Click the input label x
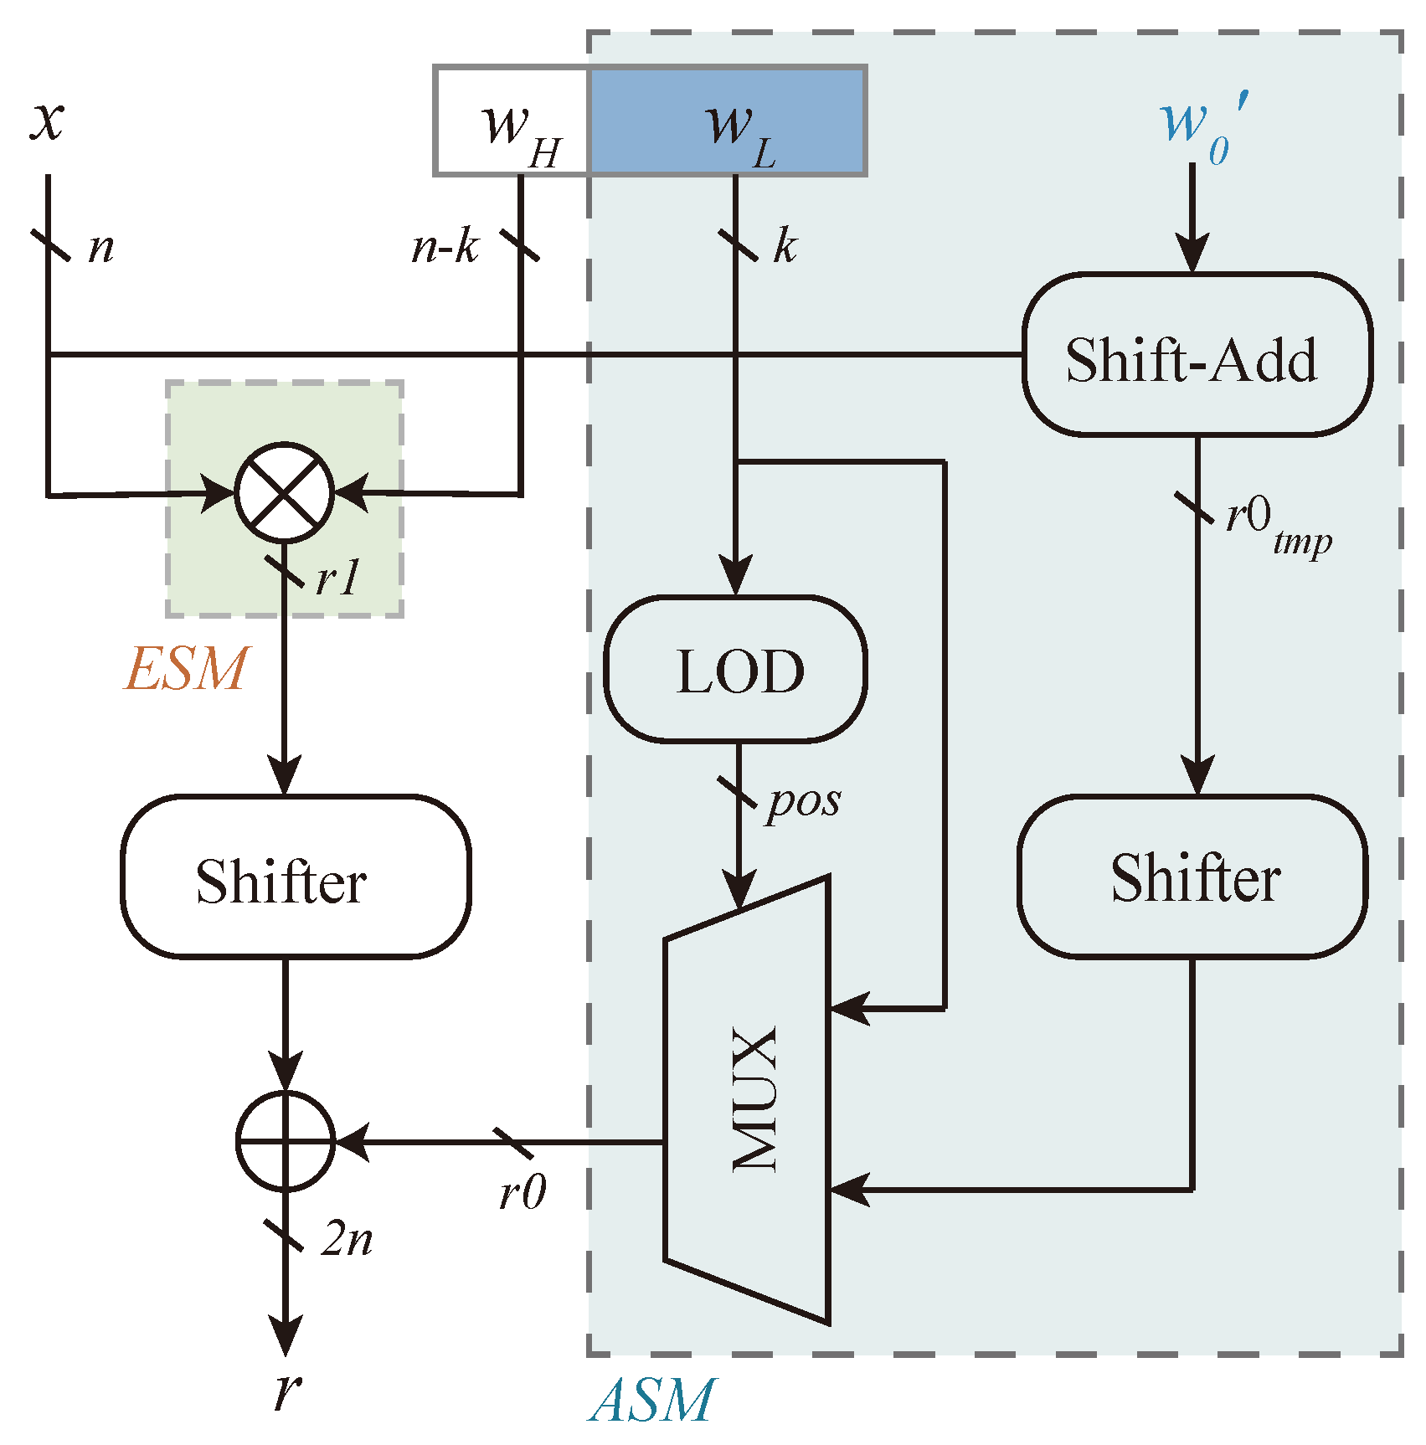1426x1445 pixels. [47, 120]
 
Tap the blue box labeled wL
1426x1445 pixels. [728, 121]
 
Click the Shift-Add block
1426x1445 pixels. [1196, 355]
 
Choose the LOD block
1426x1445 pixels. [735, 670]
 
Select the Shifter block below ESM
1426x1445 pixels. [295, 877]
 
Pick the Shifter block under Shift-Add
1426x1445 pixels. [1192, 877]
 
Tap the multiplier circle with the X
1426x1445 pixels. [285, 493]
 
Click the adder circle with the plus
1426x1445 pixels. [286, 1140]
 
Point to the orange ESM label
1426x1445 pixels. [186, 669]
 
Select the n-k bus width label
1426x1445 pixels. [445, 248]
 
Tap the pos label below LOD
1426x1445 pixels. [802, 801]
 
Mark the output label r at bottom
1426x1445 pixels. [287, 1391]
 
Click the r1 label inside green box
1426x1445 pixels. [337, 579]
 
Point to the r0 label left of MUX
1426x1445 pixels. [522, 1192]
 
